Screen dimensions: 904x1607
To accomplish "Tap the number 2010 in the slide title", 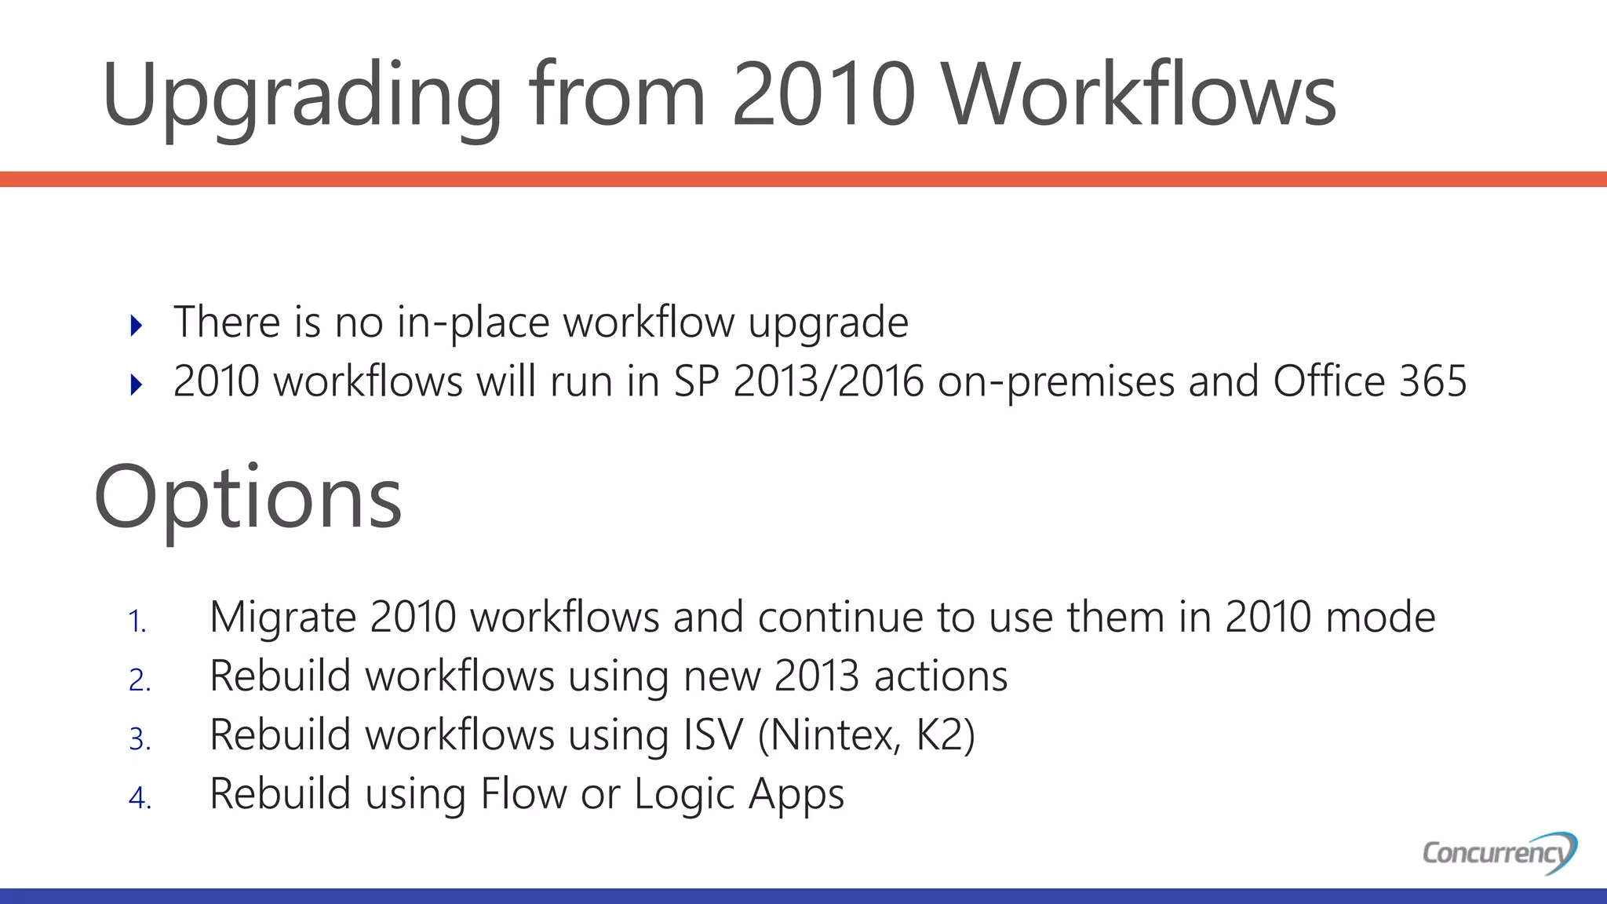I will click(823, 96).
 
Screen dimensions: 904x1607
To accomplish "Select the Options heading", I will click(248, 499).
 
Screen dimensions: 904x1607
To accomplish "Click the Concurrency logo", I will click(1499, 852).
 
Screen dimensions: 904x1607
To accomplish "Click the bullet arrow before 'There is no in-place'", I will click(137, 325).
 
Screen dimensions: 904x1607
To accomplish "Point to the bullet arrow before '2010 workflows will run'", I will click(137, 385).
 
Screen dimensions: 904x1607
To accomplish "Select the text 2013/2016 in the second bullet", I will click(829, 382).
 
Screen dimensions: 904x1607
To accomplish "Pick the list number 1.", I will click(137, 621).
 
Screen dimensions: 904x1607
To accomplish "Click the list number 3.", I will click(140, 739).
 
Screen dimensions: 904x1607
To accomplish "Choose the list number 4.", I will click(140, 798).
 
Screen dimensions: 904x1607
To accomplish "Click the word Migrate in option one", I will click(283, 618).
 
